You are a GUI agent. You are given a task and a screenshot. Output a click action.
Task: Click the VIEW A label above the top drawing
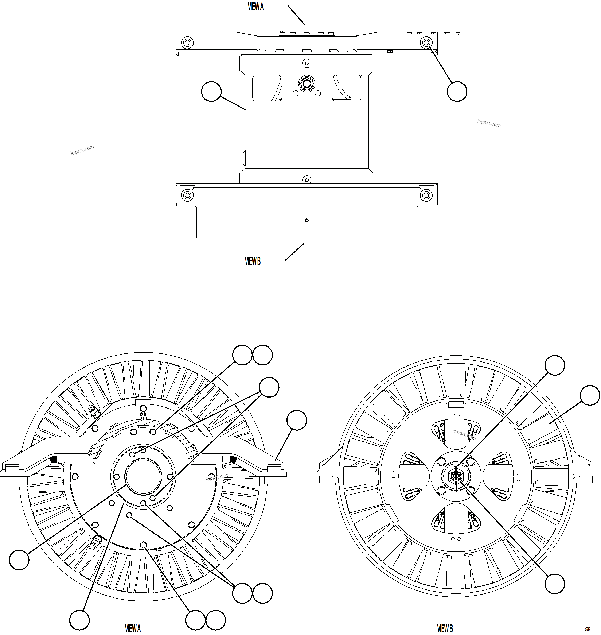pos(256,7)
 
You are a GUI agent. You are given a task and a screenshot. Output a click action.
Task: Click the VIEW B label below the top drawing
pos(253,261)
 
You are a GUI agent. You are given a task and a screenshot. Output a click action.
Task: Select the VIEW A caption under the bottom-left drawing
pos(133,628)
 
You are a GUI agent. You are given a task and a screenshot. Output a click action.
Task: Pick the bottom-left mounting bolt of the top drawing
pos(187,195)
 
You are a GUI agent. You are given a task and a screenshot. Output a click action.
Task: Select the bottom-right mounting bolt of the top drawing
pos(426,195)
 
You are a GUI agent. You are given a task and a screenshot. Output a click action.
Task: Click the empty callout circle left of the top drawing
pos(211,92)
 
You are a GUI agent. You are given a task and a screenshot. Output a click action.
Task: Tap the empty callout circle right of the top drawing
pos(457,92)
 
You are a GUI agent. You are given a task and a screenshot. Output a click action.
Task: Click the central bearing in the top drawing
pos(307,84)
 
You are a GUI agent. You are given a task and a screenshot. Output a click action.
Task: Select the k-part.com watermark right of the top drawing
pos(489,123)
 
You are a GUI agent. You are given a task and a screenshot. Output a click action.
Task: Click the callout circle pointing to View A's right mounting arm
pos(297,420)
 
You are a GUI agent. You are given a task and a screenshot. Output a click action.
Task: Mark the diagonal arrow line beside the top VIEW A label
pos(296,15)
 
